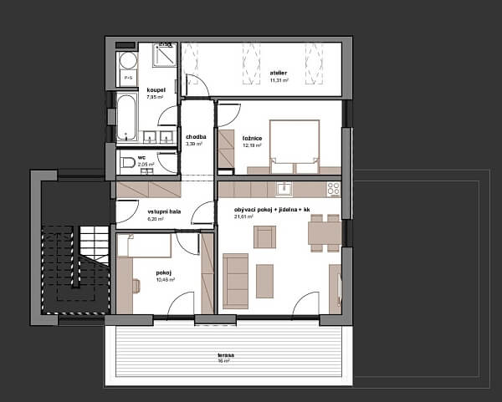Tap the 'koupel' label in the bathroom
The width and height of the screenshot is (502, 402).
click(x=156, y=89)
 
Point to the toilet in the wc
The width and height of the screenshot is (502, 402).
click(x=123, y=162)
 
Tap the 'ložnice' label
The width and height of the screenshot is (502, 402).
click(x=252, y=138)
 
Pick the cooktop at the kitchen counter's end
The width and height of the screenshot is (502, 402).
click(x=332, y=189)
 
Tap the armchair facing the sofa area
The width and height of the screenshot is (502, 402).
click(x=264, y=238)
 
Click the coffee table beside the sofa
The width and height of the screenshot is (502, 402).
click(x=265, y=280)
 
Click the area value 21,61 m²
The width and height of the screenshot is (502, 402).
click(x=244, y=216)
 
